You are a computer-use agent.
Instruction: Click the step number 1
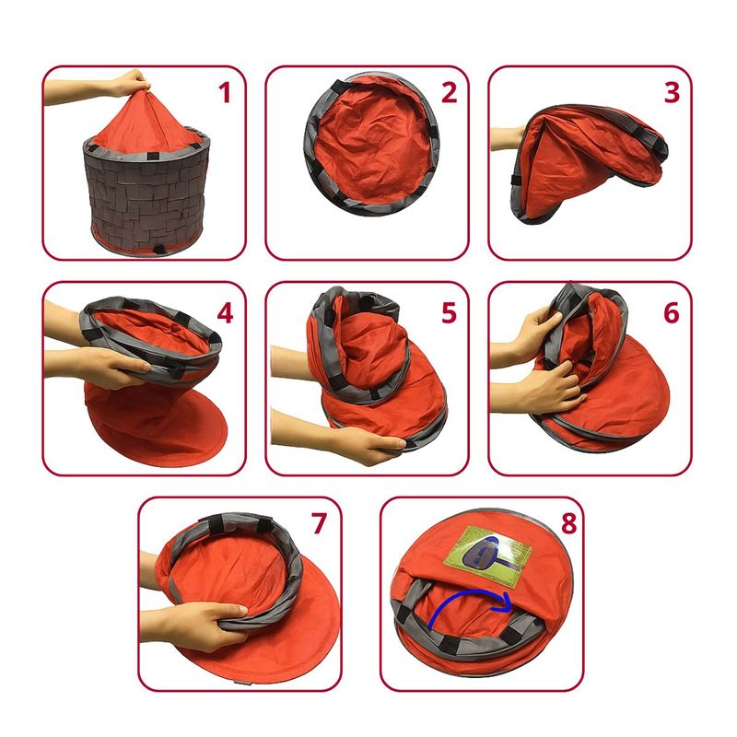pos(225,93)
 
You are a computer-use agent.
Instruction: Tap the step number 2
pos(449,93)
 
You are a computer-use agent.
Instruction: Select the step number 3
pos(672,93)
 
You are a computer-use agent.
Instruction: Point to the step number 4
pos(225,312)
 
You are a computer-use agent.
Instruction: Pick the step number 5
pos(449,312)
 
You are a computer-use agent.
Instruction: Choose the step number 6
pos(672,312)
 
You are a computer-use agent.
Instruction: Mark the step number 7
pos(319,523)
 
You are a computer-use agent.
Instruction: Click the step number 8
pos(569,523)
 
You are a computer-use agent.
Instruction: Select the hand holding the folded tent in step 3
pos(508,139)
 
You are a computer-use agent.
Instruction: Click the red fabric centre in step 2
pos(371,144)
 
